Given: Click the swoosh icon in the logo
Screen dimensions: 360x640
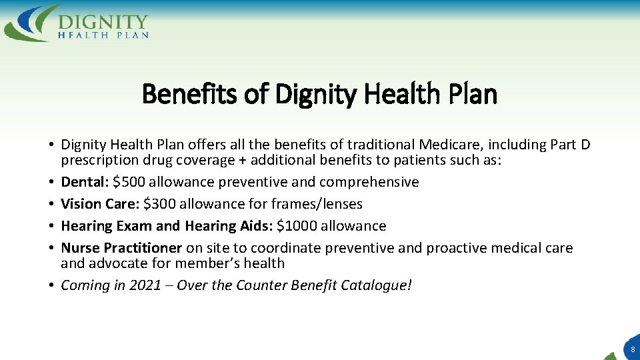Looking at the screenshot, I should pos(31,23).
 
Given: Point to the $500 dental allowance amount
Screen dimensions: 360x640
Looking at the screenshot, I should pos(131,182).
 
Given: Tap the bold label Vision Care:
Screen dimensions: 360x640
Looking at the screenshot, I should pos(100,204).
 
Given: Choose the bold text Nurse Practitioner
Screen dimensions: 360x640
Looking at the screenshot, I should pos(121,248).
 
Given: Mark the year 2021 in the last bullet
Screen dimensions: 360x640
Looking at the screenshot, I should pos(145,285).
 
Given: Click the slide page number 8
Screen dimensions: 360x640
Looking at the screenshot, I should pos(632,349).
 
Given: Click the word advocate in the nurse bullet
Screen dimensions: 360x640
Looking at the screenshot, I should pos(116,263).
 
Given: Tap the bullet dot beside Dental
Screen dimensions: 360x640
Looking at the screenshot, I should pos(51,182).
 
